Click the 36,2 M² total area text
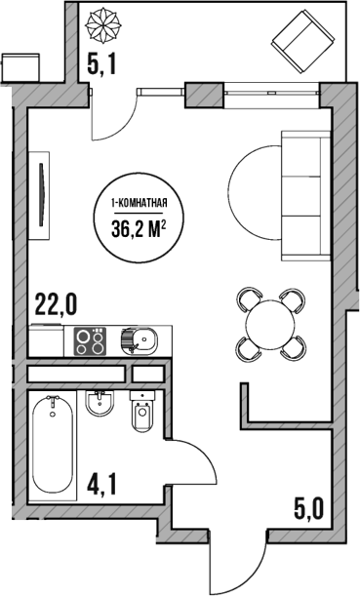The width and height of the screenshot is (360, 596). (142, 228)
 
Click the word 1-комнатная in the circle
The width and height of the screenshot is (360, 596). (142, 203)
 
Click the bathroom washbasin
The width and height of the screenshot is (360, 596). (100, 403)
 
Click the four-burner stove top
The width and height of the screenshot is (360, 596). (92, 342)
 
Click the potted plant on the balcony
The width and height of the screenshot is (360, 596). (101, 21)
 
